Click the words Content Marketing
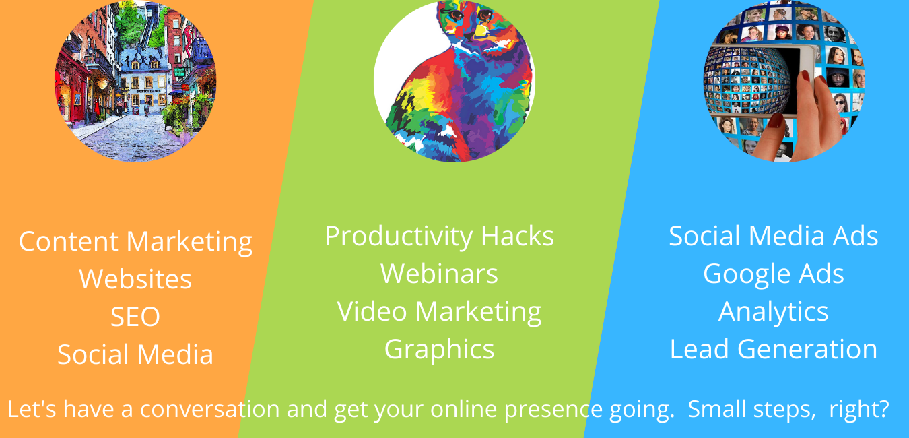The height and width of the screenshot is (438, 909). click(135, 242)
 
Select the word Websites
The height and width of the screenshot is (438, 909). click(135, 279)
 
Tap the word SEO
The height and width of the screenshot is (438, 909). click(135, 317)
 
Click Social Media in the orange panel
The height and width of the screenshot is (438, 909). click(135, 354)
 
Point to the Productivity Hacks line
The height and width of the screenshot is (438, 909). click(439, 237)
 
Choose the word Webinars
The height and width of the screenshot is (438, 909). click(439, 274)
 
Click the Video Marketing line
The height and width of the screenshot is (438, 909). click(439, 312)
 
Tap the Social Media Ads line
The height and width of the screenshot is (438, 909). click(774, 236)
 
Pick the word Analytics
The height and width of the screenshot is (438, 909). click(774, 312)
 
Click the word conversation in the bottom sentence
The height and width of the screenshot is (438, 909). click(210, 409)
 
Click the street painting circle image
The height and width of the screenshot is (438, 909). click(135, 81)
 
